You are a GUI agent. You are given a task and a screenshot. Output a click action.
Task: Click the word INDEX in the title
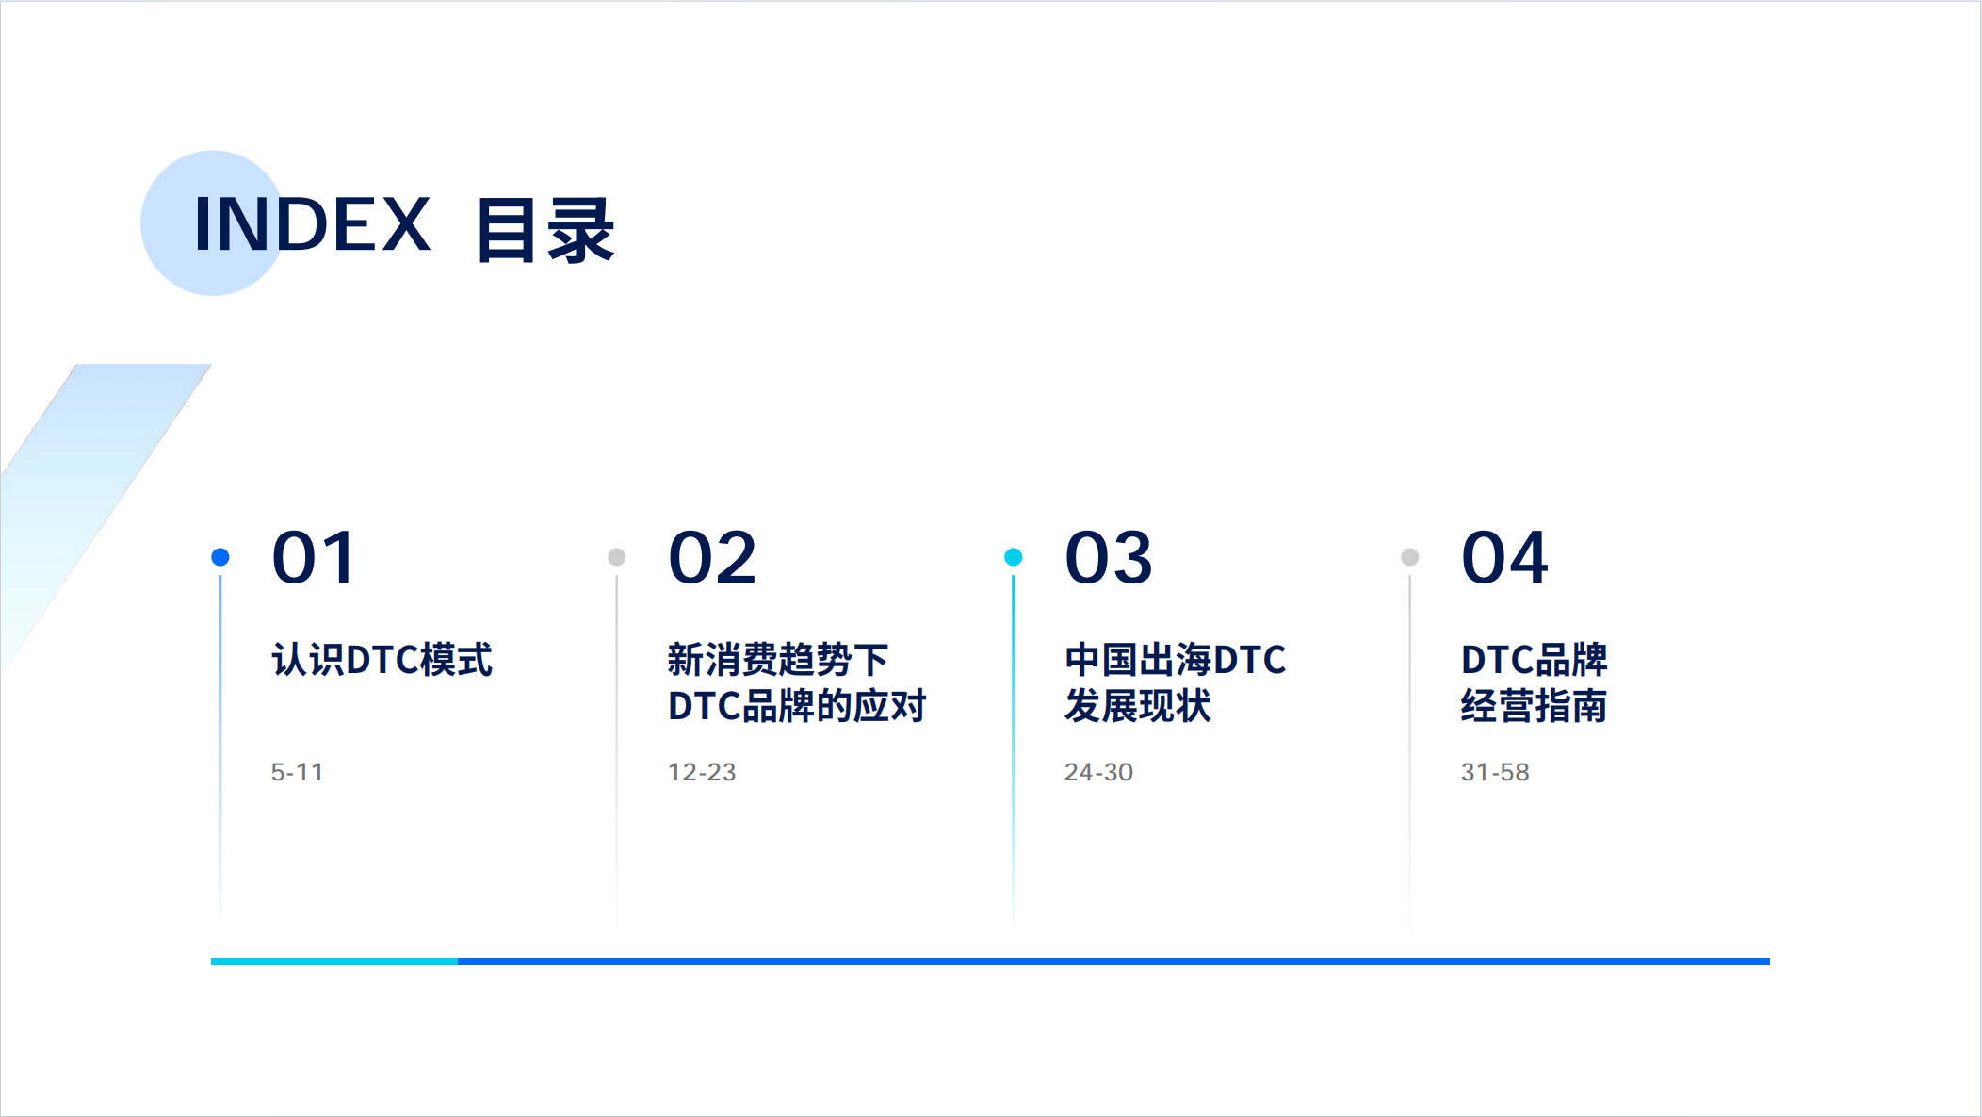click(x=312, y=224)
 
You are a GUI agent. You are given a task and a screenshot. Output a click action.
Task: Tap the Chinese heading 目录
click(x=545, y=229)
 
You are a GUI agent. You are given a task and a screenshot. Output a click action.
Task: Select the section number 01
click(x=314, y=557)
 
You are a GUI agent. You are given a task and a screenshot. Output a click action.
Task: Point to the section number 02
click(x=712, y=557)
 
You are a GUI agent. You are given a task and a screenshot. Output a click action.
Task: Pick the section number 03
click(x=1109, y=557)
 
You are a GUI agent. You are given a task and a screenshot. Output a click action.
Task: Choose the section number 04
click(x=1504, y=557)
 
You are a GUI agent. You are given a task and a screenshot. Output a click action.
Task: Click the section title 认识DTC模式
click(x=382, y=660)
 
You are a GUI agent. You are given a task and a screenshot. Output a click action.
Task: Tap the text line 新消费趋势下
click(x=778, y=660)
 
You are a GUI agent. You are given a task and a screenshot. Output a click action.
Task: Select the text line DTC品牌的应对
click(x=797, y=706)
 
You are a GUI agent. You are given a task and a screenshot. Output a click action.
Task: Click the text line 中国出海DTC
click(x=1176, y=660)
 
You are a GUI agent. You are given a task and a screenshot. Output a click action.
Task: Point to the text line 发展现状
click(x=1138, y=706)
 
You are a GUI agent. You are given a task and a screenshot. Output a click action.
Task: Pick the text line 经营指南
click(x=1535, y=706)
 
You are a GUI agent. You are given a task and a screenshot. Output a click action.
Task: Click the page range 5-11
click(x=297, y=772)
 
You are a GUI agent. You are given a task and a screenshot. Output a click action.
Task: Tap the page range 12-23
click(x=702, y=772)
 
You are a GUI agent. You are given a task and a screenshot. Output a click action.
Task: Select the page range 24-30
click(x=1098, y=772)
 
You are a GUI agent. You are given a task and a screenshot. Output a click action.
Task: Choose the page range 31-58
click(x=1495, y=772)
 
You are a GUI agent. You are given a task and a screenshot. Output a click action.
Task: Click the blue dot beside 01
click(x=220, y=557)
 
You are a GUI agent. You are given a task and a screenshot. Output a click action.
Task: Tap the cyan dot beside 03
click(x=1014, y=557)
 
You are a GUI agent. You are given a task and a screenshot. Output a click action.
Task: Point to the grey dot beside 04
click(x=1410, y=557)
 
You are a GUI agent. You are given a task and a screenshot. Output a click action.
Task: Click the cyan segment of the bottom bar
click(x=334, y=961)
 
